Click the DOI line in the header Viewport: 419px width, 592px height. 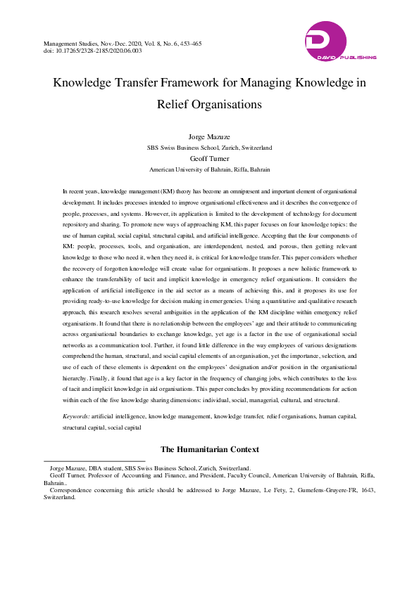(x=92, y=51)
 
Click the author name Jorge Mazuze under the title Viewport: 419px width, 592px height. (x=209, y=135)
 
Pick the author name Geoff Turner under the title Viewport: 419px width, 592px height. (x=209, y=159)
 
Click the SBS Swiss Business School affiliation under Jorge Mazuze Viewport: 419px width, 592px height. (x=209, y=148)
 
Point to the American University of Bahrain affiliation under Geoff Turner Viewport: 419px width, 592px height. (x=209, y=170)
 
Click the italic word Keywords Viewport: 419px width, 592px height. (x=75, y=416)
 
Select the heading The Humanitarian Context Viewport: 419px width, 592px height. (x=209, y=449)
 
